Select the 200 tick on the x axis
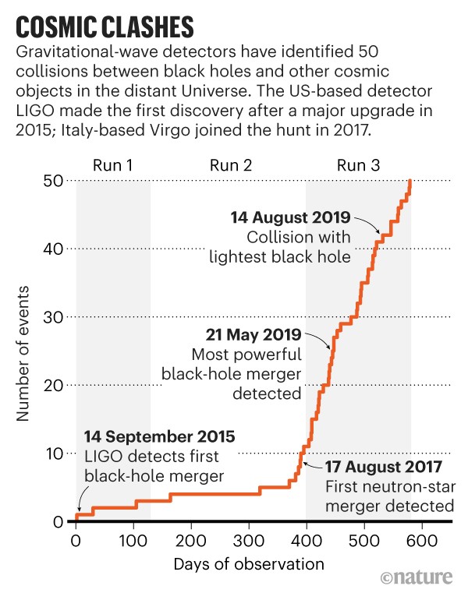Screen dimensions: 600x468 click(192, 539)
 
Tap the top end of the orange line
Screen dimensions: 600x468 click(410, 181)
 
